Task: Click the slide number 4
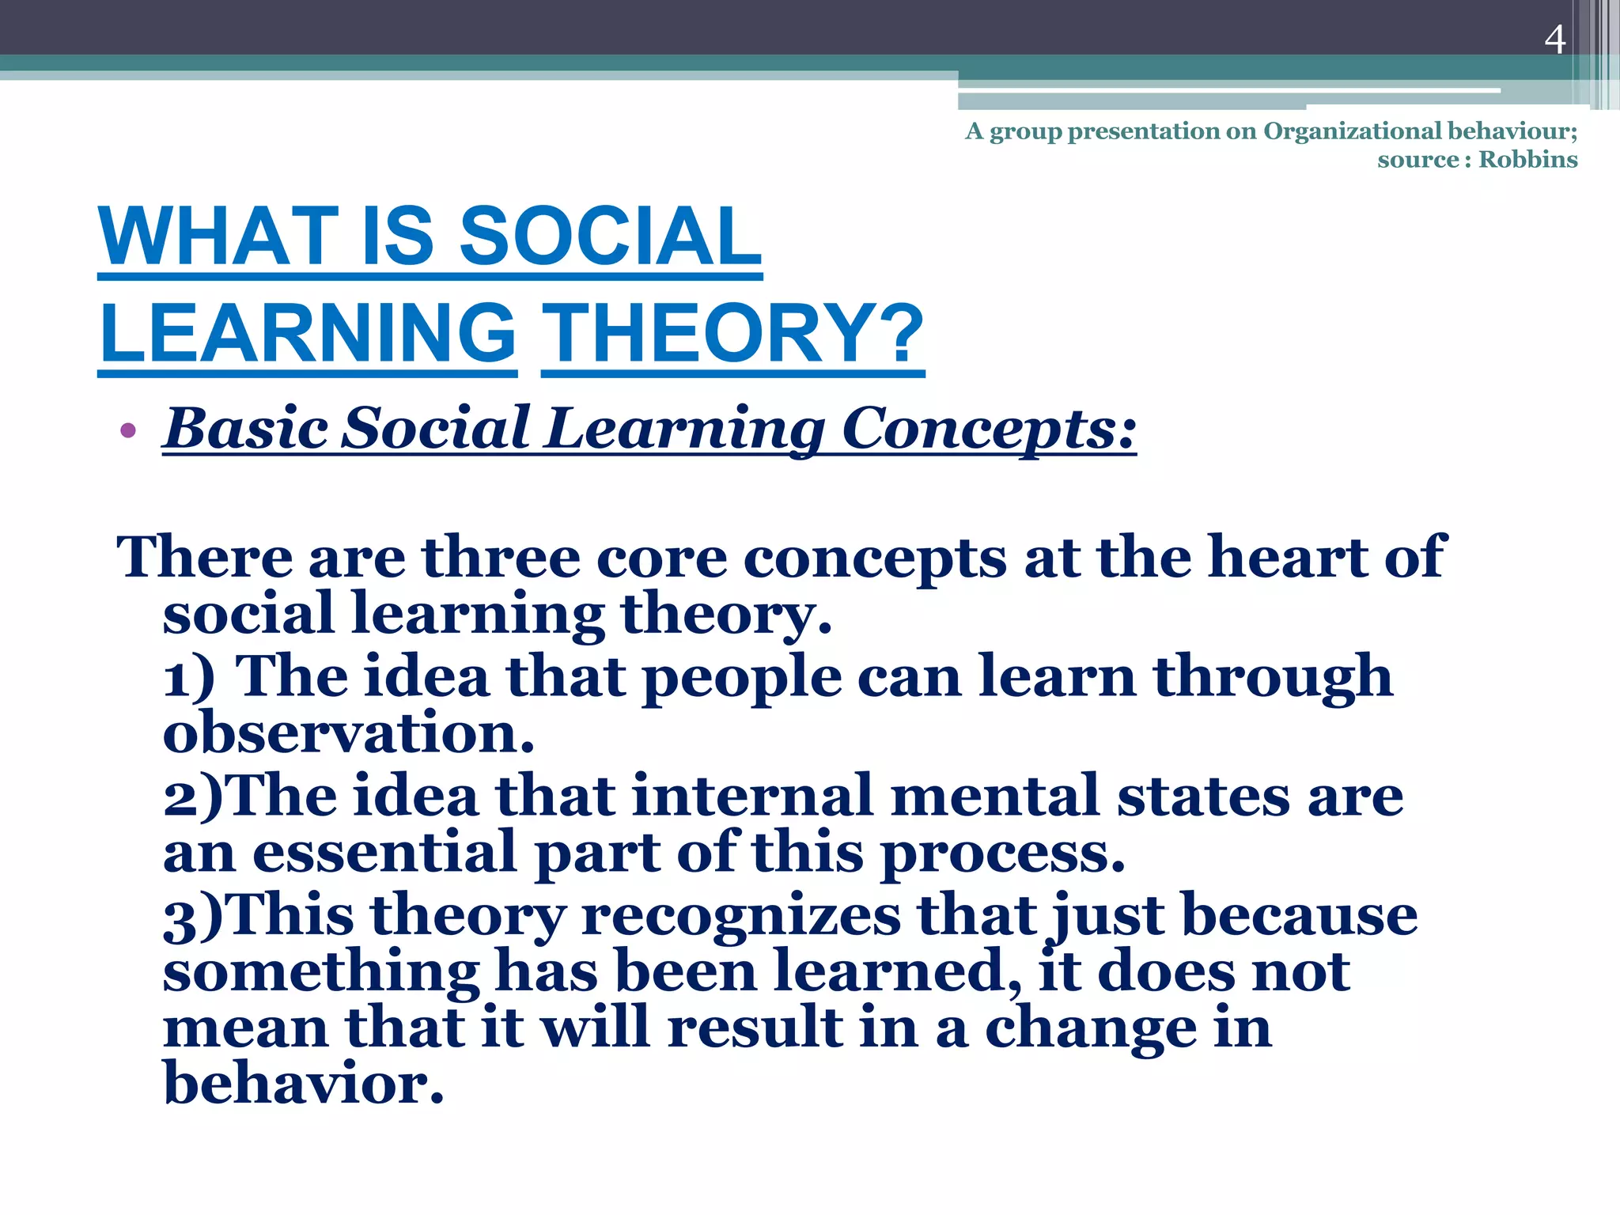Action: coord(1554,40)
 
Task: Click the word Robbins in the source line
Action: coord(1527,160)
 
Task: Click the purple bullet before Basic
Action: coord(128,431)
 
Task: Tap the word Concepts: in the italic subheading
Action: coord(989,429)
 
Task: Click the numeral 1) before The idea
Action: coord(188,678)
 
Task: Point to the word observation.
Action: coord(348,733)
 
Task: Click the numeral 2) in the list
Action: coord(193,797)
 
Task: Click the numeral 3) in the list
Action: coord(193,916)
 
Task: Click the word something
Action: coord(320,973)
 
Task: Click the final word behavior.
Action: coord(303,1084)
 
